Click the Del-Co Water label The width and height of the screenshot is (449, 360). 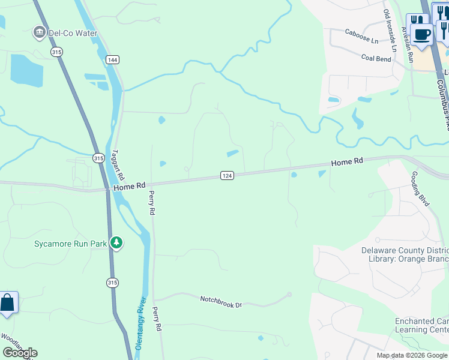click(x=74, y=33)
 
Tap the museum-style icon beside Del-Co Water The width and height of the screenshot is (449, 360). click(x=40, y=32)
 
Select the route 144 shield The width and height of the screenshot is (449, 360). click(x=112, y=59)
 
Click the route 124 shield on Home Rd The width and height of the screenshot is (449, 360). click(x=226, y=175)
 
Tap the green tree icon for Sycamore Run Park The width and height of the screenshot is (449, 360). click(x=116, y=243)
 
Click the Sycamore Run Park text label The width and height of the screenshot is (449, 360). click(x=70, y=244)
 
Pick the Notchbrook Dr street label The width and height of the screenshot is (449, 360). click(x=220, y=301)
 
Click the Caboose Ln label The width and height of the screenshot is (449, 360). click(x=362, y=40)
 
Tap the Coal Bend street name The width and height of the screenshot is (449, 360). click(x=376, y=58)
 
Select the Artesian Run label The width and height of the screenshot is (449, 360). click(x=408, y=44)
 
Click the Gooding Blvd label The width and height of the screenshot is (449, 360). click(x=420, y=188)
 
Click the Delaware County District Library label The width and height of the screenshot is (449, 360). click(x=405, y=254)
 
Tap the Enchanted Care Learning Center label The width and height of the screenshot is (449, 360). click(x=421, y=325)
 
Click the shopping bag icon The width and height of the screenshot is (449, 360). click(x=7, y=302)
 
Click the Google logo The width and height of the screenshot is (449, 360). click(x=20, y=352)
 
